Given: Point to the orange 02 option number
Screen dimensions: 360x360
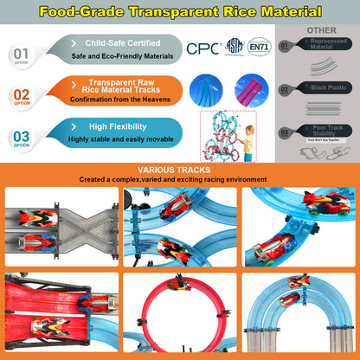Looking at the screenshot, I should point(20,95).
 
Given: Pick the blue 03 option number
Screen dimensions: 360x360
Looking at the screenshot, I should point(20,135).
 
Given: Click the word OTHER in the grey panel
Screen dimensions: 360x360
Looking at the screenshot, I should point(322,30).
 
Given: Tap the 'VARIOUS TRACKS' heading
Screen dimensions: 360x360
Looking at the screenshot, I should point(179,170).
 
